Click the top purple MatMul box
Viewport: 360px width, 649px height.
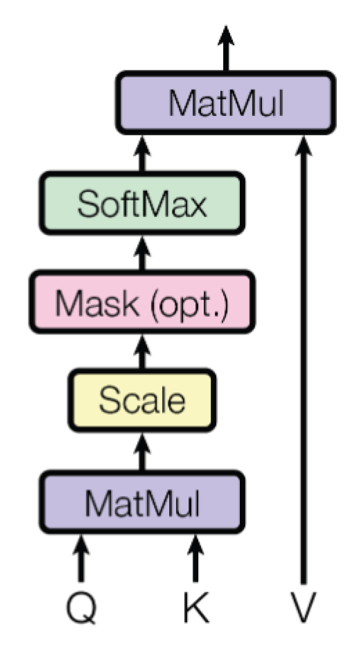(x=225, y=103)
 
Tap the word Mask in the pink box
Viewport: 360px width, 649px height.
(x=89, y=304)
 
